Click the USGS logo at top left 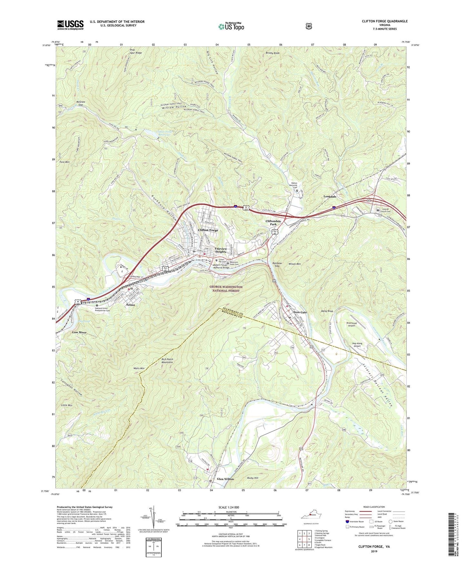pyautogui.click(x=70, y=25)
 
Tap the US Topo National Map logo pyautogui.click(x=231, y=26)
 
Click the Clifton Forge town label pyautogui.click(x=208, y=230)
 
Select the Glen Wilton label pyautogui.click(x=225, y=479)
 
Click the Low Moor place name pyautogui.click(x=79, y=332)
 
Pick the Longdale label pyautogui.click(x=330, y=196)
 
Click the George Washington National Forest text pyautogui.click(x=226, y=289)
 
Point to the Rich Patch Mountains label pyautogui.click(x=167, y=361)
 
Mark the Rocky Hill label pyautogui.click(x=253, y=478)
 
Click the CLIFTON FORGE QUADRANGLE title pyautogui.click(x=384, y=21)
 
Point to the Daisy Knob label pyautogui.click(x=327, y=311)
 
